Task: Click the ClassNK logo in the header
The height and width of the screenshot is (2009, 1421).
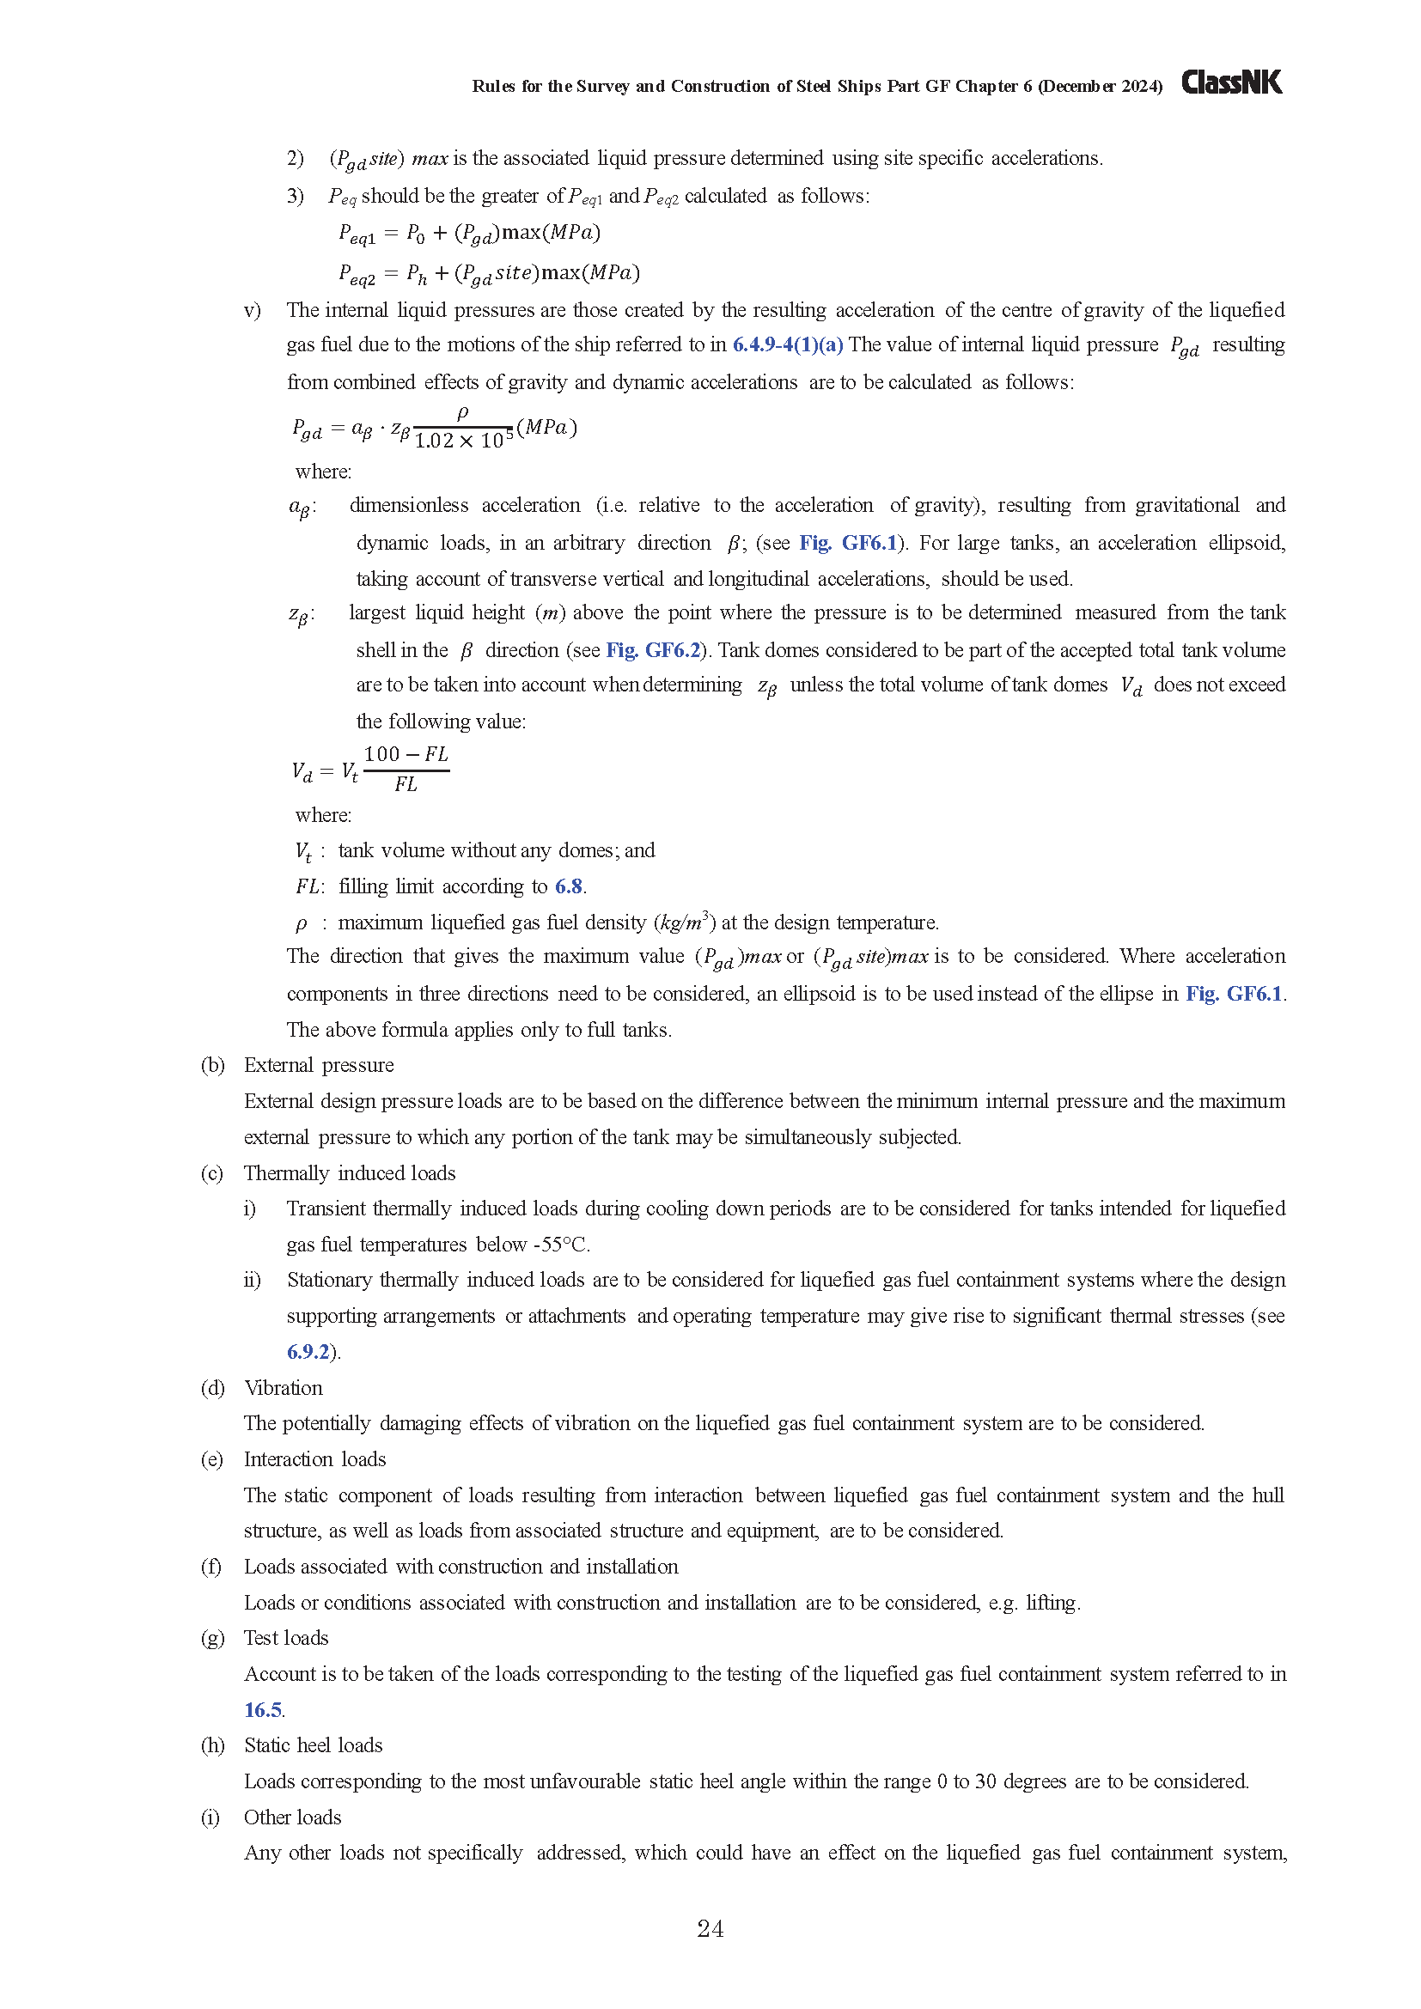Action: tap(1231, 82)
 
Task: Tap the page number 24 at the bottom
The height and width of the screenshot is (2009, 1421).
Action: tap(710, 1928)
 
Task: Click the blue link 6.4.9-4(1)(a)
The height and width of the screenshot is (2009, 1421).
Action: tap(788, 344)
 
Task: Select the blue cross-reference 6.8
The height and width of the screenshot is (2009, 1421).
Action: tap(569, 886)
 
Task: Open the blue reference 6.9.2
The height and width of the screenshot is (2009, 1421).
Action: tap(308, 1352)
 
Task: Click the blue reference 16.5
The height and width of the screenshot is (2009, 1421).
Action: tap(263, 1710)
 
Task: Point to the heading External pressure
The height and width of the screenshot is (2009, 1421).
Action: tap(319, 1065)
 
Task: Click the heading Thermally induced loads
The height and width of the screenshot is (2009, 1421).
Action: tap(349, 1172)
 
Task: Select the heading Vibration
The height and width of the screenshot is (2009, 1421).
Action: tap(284, 1388)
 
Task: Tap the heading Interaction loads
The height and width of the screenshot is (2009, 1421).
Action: tap(315, 1458)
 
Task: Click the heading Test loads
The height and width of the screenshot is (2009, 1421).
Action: tap(286, 1638)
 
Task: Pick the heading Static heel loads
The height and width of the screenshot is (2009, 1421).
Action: tap(314, 1745)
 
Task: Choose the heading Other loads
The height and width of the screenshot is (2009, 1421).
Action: tap(292, 1817)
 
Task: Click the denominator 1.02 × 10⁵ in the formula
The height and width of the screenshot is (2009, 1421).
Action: tap(464, 441)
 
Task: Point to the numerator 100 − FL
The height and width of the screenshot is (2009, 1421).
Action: tap(406, 754)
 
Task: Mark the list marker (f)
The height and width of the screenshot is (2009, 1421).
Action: tap(210, 1567)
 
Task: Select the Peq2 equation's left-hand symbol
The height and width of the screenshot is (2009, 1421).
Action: tap(357, 275)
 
